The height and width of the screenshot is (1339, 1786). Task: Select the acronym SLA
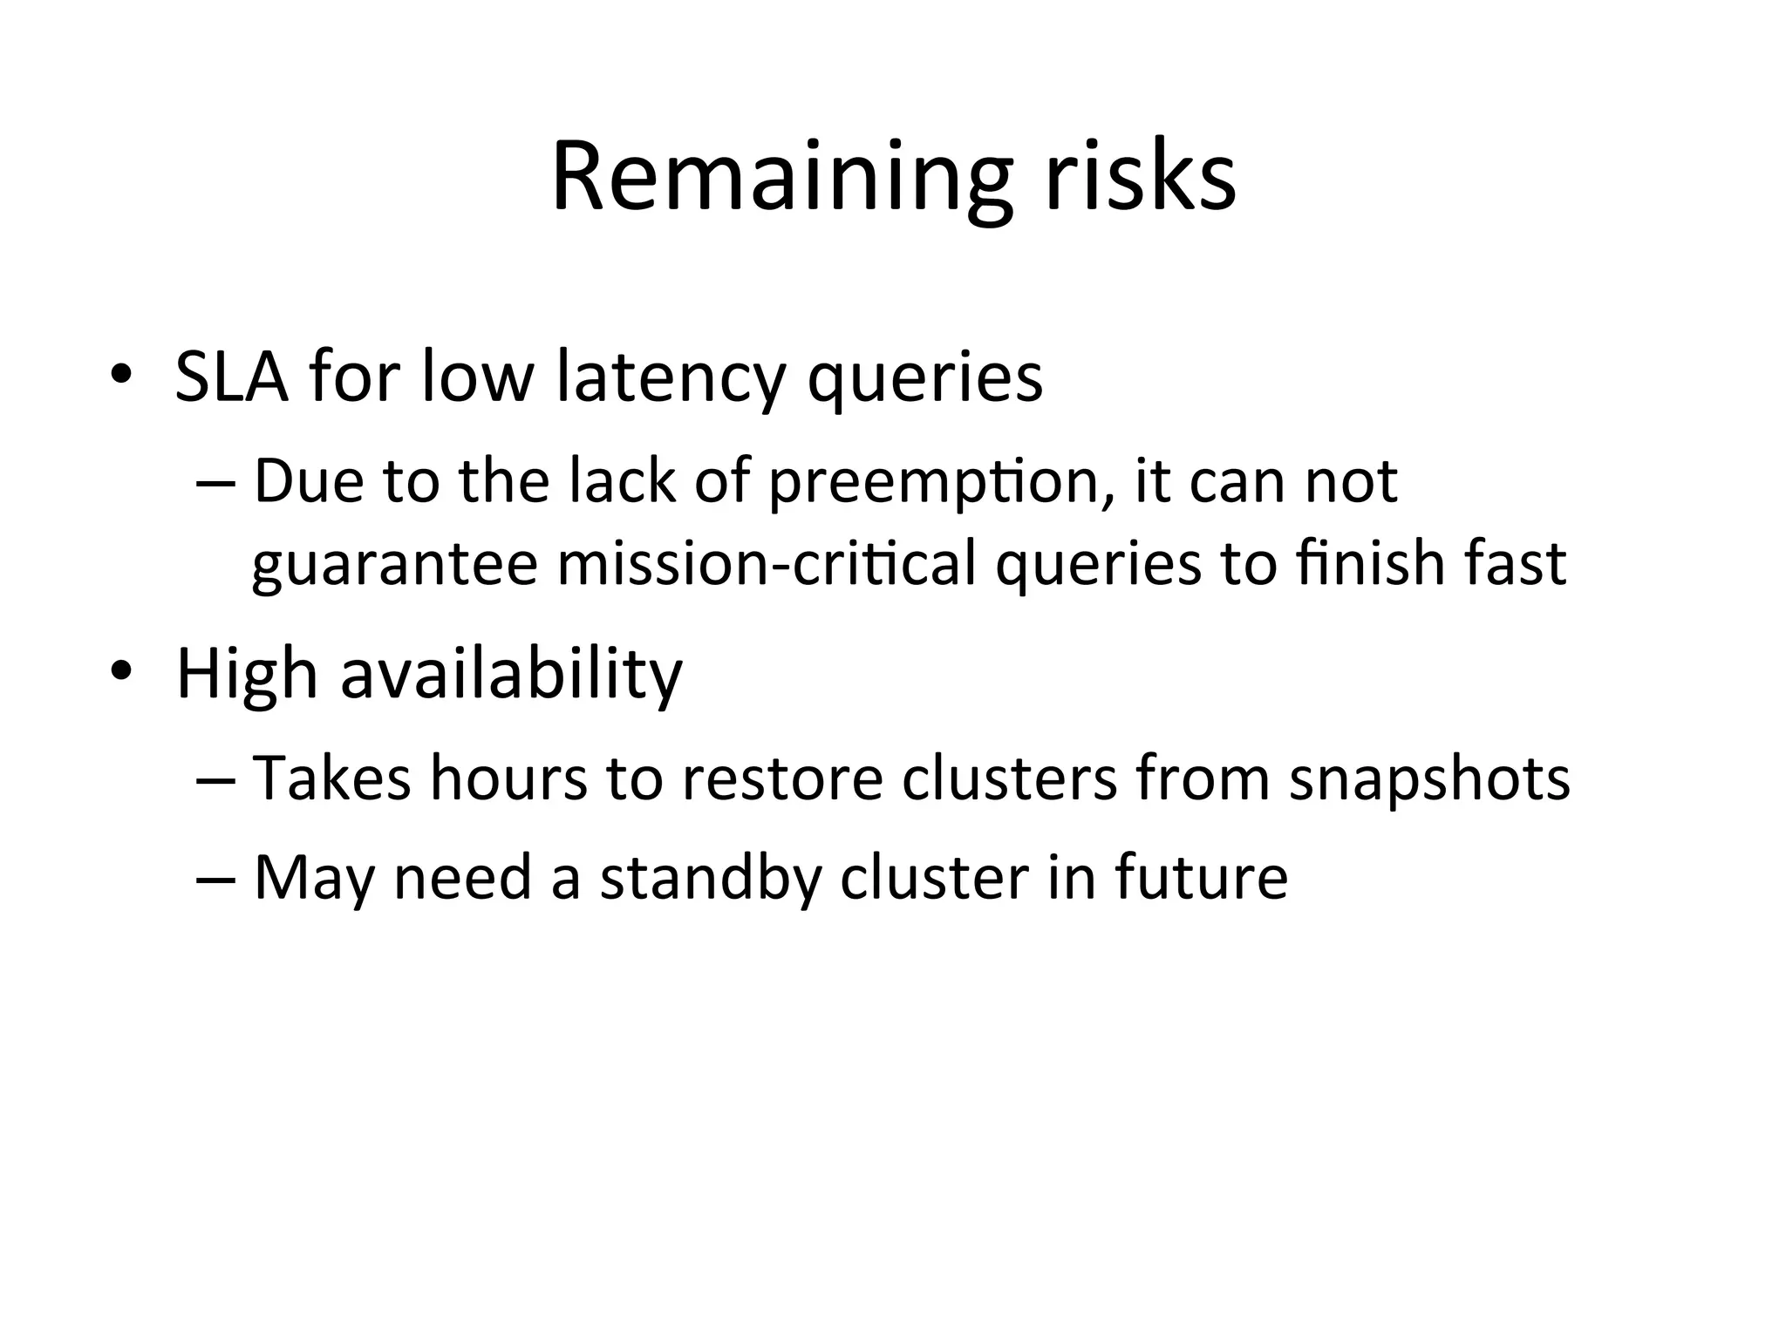[x=231, y=376]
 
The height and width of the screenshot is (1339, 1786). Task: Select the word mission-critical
[x=767, y=563]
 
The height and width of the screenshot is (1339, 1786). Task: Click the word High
[x=247, y=674]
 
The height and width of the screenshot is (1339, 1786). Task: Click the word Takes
[x=331, y=778]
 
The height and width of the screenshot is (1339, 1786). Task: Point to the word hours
[x=508, y=778]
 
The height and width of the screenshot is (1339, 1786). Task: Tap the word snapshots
[x=1429, y=779]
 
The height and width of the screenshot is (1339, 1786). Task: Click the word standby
[x=711, y=878]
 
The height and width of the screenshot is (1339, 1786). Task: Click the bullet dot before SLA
[x=121, y=376]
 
